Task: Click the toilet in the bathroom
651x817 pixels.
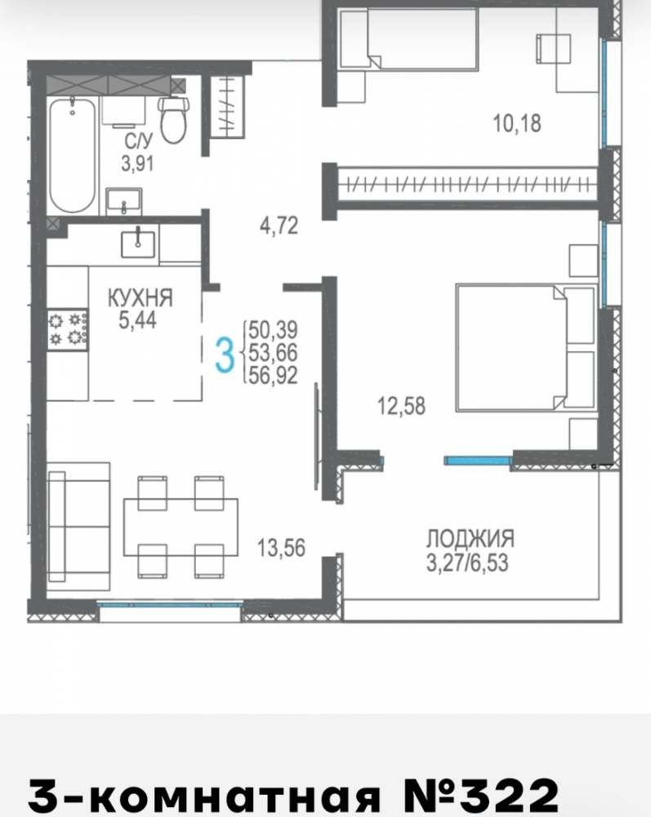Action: pyautogui.click(x=173, y=119)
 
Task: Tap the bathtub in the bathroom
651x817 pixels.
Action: pyautogui.click(x=73, y=154)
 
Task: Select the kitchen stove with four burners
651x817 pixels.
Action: pyautogui.click(x=68, y=330)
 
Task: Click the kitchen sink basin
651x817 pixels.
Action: pyautogui.click(x=138, y=244)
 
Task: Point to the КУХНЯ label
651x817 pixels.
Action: pyautogui.click(x=140, y=297)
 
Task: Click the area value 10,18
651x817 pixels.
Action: pyautogui.click(x=516, y=124)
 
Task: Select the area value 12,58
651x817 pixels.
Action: pyautogui.click(x=401, y=406)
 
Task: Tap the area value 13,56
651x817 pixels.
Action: pyautogui.click(x=281, y=547)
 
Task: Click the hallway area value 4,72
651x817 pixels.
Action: pyautogui.click(x=279, y=226)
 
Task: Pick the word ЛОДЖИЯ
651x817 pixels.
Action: pyautogui.click(x=470, y=538)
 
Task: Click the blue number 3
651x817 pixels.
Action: pyautogui.click(x=225, y=355)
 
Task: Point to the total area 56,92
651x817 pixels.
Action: pyautogui.click(x=274, y=375)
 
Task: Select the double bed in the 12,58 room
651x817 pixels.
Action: pyautogui.click(x=525, y=347)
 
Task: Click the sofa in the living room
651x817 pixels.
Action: pyautogui.click(x=78, y=525)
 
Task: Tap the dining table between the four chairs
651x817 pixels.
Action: pyautogui.click(x=181, y=527)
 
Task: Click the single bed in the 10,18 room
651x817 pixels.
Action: pyautogui.click(x=409, y=39)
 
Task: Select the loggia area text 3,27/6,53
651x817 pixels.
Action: pyautogui.click(x=467, y=564)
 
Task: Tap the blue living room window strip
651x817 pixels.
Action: pyautogui.click(x=170, y=605)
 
